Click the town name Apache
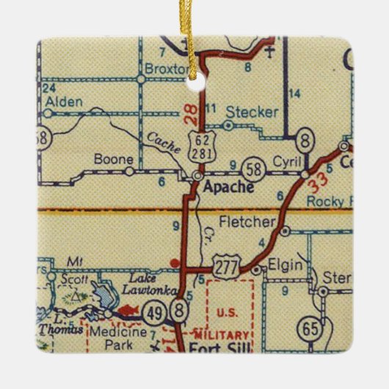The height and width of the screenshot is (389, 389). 230,187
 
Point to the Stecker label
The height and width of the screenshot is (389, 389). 252,112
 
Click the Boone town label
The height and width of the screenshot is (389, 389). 113,158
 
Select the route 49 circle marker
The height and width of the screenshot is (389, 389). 156,311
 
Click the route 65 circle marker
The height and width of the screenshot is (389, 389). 313,328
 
